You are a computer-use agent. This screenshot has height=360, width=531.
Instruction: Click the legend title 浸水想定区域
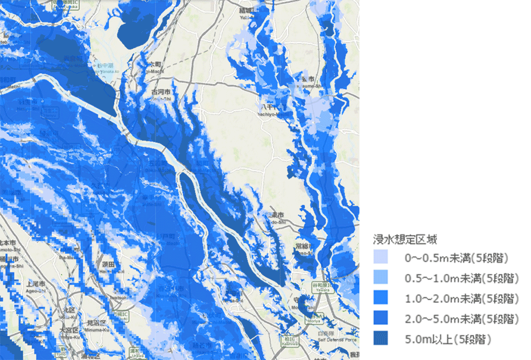pyautogui.click(x=406, y=240)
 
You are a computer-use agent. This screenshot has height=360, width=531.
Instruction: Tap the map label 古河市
pyautogui.click(x=159, y=92)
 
